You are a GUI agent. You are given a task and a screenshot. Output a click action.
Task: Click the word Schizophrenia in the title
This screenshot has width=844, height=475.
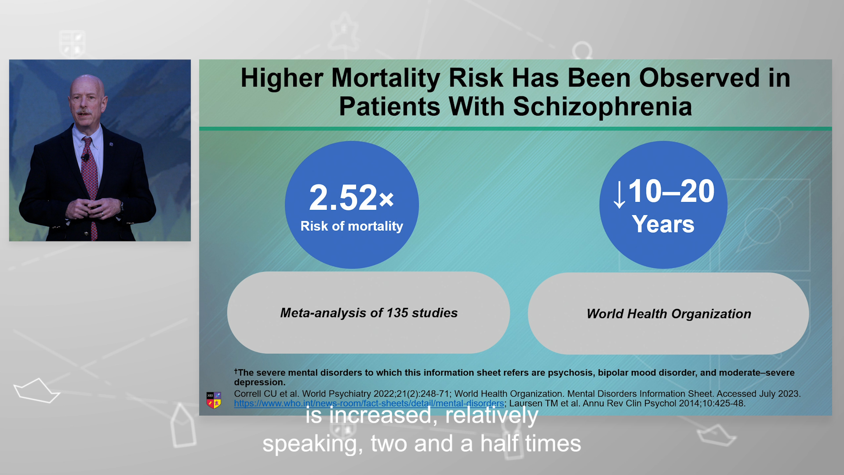coord(602,107)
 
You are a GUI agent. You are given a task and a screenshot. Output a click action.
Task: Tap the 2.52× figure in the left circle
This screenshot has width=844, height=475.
coord(352,197)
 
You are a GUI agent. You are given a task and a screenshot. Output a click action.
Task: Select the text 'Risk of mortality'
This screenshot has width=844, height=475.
coord(352,226)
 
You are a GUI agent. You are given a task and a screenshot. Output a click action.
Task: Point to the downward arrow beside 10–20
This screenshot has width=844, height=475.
coord(619,195)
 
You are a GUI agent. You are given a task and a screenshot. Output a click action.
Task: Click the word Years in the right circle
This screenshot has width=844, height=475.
coord(663,224)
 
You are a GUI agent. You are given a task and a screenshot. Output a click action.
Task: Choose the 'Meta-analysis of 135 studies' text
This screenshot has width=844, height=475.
coord(369,313)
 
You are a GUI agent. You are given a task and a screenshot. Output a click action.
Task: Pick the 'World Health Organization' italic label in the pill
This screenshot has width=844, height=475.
coord(669,314)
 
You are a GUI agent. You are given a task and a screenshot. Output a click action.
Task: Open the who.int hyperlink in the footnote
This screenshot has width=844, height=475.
coord(369,403)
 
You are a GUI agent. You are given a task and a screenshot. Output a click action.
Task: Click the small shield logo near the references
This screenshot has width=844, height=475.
coord(214,400)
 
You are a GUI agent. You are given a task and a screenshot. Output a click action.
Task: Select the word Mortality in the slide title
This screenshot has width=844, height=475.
coord(386,78)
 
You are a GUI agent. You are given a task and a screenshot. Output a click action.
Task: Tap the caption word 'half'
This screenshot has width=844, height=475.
coord(499,443)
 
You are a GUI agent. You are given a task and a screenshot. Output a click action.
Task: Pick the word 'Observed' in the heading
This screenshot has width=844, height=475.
coord(699,78)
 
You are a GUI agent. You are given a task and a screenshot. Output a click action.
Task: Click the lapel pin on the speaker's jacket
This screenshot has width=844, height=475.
coord(111,144)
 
